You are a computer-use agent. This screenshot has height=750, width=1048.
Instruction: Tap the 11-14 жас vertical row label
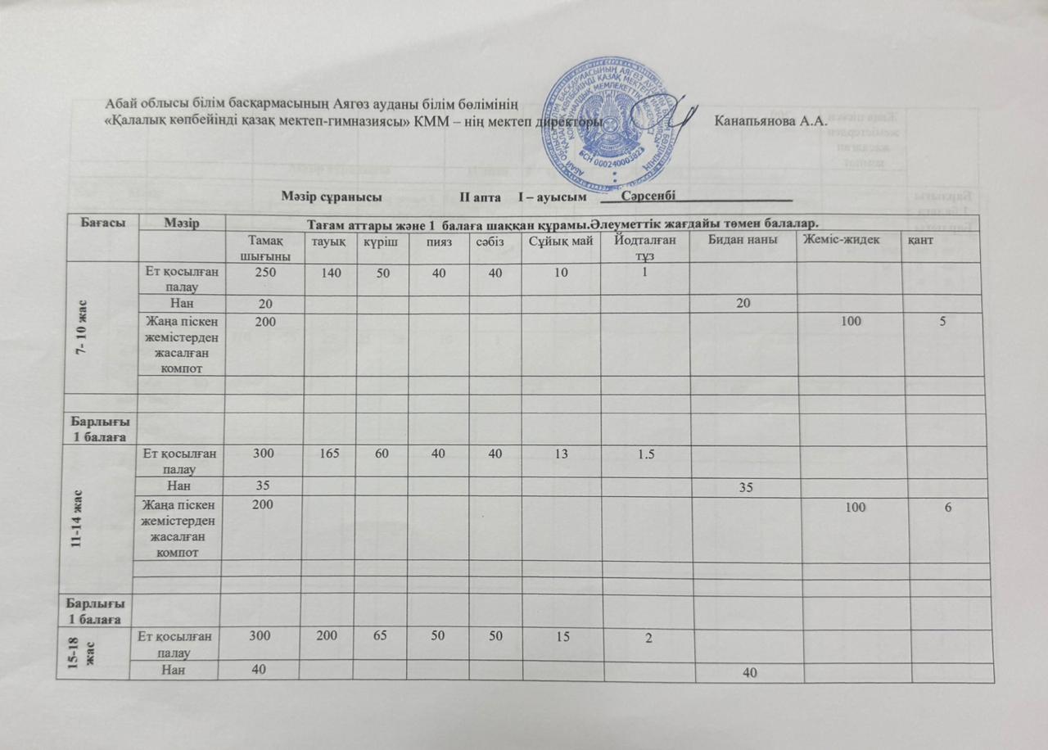[99, 513]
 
